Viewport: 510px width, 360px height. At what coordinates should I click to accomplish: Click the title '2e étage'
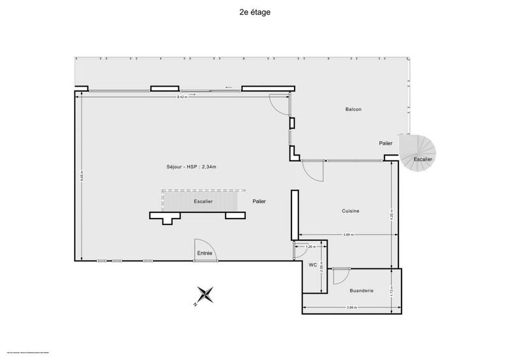pyautogui.click(x=254, y=11)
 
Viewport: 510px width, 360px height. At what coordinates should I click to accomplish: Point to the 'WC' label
pyautogui.click(x=313, y=264)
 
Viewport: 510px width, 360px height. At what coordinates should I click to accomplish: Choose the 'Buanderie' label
pyautogui.click(x=361, y=291)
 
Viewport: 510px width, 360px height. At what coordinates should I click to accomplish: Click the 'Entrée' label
pyautogui.click(x=205, y=254)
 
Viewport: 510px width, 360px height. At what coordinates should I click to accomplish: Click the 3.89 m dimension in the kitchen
pyautogui.click(x=348, y=234)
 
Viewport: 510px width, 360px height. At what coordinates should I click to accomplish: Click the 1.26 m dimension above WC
pyautogui.click(x=310, y=245)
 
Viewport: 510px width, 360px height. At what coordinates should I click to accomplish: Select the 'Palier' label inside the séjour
pyautogui.click(x=259, y=201)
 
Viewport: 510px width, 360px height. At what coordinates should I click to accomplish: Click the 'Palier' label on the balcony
pyautogui.click(x=385, y=143)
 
